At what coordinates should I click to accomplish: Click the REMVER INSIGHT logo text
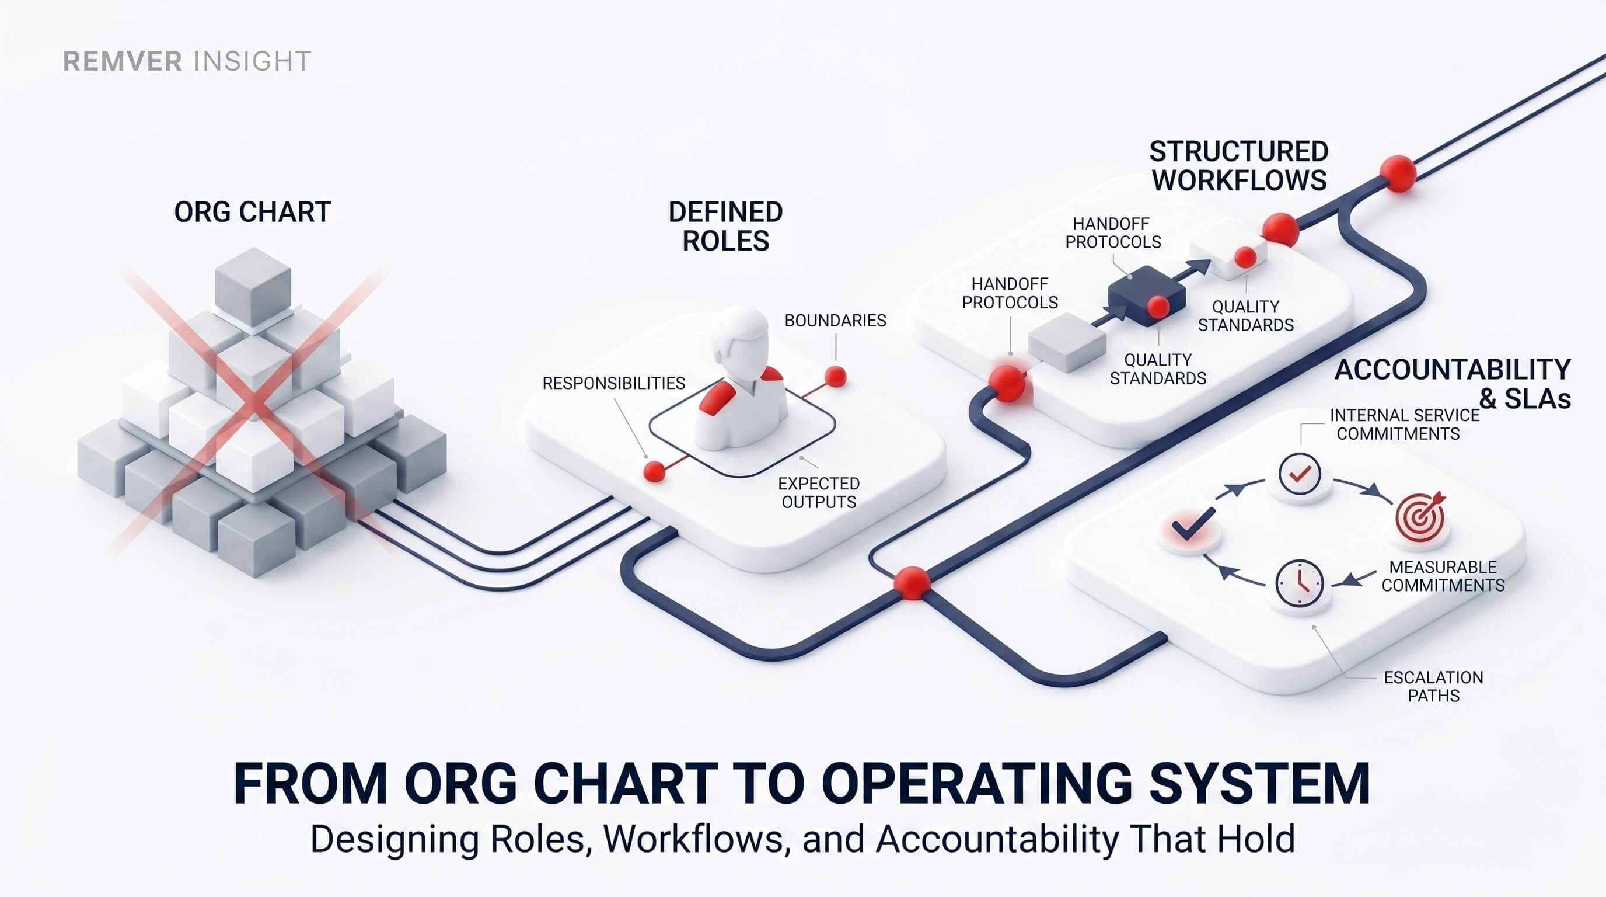point(187,61)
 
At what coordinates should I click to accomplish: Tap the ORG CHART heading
point(253,212)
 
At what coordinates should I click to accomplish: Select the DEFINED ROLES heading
point(726,227)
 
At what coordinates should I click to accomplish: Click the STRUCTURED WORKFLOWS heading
point(1239,166)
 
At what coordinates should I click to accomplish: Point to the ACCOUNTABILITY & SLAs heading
point(1452,384)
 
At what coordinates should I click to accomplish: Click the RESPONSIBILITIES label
point(613,383)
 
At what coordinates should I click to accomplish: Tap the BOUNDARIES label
point(836,321)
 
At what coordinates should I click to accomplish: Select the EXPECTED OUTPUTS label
point(819,493)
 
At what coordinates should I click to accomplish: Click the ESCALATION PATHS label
point(1433,686)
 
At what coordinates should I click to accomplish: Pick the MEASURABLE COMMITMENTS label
point(1443,576)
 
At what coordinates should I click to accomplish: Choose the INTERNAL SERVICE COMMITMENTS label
point(1405,424)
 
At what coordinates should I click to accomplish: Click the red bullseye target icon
point(1420,516)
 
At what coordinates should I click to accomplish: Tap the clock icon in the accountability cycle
point(1299,584)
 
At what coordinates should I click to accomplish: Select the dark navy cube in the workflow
point(1147,296)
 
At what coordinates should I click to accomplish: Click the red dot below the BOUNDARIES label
point(836,377)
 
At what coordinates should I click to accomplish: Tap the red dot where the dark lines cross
point(912,583)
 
